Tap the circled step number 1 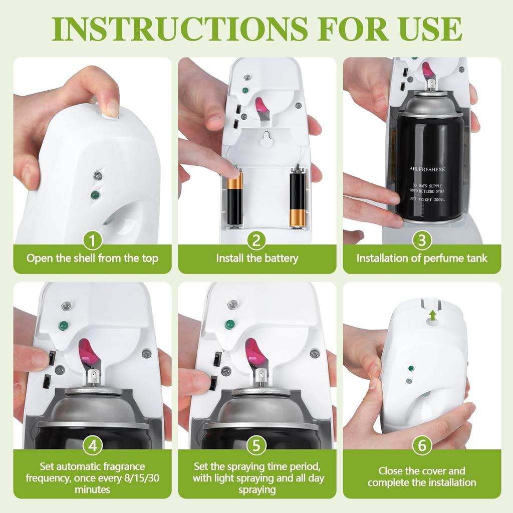point(92,240)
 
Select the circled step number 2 point(257,240)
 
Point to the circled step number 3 point(422,240)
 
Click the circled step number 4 point(92,445)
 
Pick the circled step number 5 point(257,445)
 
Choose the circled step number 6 point(422,445)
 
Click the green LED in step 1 point(95,195)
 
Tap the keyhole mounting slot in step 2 point(268,138)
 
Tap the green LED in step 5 point(230,325)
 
